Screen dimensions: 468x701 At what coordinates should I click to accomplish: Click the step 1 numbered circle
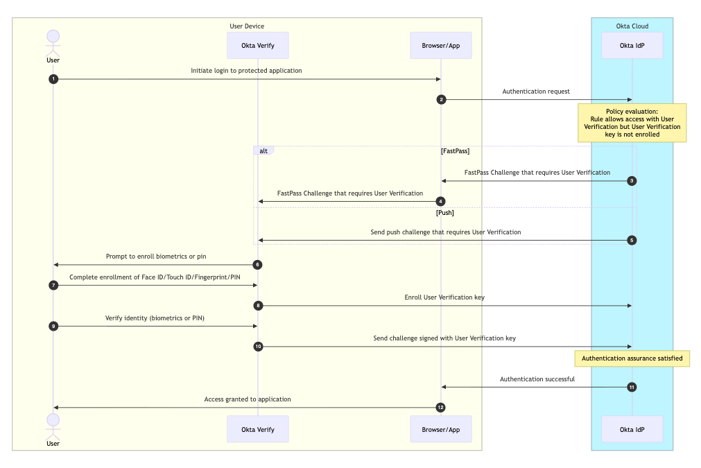(53, 79)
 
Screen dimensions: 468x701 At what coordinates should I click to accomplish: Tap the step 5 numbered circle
(632, 241)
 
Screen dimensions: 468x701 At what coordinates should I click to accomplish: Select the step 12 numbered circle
(440, 408)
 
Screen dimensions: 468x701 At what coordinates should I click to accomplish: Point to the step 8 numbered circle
(258, 305)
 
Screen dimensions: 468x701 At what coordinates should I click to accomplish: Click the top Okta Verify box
(258, 46)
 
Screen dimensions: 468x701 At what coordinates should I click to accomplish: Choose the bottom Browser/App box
(441, 429)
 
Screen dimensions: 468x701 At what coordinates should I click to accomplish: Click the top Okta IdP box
(632, 46)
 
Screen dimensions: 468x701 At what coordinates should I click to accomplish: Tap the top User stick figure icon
(53, 43)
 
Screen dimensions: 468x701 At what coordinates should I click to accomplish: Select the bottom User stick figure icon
(53, 424)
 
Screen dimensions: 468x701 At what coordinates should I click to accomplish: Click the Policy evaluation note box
(632, 123)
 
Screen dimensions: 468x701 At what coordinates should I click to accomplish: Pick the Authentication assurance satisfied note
(632, 358)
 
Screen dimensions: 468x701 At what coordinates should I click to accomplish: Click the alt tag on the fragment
(263, 150)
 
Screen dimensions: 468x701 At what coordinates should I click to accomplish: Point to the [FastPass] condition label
(455, 150)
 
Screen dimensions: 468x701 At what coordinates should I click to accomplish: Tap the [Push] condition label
(444, 213)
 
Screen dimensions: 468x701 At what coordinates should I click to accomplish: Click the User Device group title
(247, 26)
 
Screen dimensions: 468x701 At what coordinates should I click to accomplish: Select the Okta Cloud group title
(632, 26)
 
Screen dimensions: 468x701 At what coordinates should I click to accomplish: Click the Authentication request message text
(536, 91)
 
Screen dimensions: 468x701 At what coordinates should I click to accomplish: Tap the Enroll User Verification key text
(444, 297)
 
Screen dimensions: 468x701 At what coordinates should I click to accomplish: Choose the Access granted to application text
(248, 399)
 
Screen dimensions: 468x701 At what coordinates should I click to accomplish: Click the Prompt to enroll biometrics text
(156, 256)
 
